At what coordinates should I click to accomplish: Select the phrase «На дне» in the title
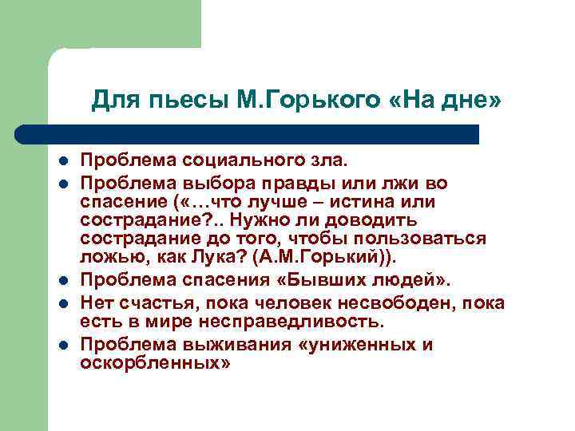(448, 101)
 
